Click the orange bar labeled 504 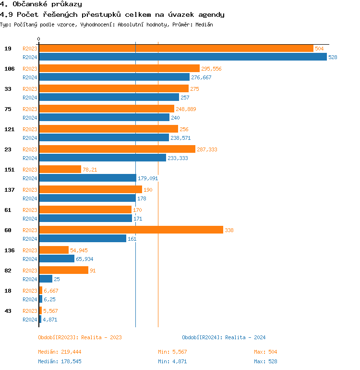[x=176, y=49]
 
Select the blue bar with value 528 [x=182, y=57]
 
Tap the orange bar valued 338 [x=131, y=230]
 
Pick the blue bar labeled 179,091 [x=87, y=178]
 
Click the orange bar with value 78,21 [x=60, y=170]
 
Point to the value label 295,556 [x=211, y=69]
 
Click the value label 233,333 [x=178, y=158]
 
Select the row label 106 [x=9, y=69]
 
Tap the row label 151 [x=9, y=170]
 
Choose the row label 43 [x=8, y=311]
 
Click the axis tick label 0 [x=39, y=39]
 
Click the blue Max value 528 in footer [x=272, y=361]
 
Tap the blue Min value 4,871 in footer [x=179, y=361]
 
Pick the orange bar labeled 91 [x=63, y=271]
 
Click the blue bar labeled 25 [x=46, y=279]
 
